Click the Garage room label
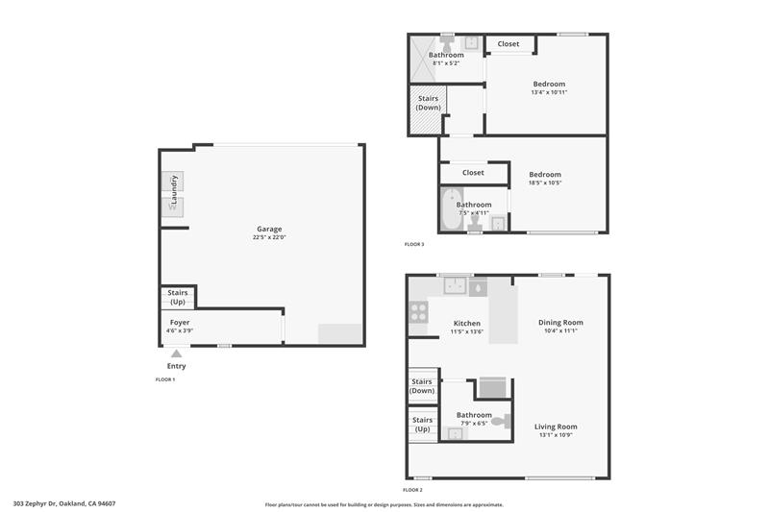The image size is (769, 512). tap(269, 229)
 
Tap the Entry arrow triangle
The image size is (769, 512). tap(177, 354)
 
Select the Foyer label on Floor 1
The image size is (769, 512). tap(180, 323)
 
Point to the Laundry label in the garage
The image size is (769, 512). tap(174, 189)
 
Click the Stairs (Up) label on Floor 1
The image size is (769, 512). tap(178, 297)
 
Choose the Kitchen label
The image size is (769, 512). tap(467, 324)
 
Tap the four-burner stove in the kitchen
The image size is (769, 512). tap(418, 312)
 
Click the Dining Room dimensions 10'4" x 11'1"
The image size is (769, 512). tap(560, 330)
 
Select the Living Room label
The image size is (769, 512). tap(556, 427)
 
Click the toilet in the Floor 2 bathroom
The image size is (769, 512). tap(501, 421)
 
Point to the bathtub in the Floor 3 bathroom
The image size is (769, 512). tap(451, 209)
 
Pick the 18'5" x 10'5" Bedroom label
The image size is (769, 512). tap(545, 175)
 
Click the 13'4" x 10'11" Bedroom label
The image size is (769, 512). tap(549, 84)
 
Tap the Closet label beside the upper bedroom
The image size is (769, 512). tap(509, 44)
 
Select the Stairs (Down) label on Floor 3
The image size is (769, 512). tap(428, 103)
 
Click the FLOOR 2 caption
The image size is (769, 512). tap(412, 490)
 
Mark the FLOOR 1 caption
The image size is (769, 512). tap(165, 379)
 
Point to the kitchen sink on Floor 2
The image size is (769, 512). tap(455, 285)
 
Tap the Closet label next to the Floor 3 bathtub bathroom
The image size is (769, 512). tap(473, 173)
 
